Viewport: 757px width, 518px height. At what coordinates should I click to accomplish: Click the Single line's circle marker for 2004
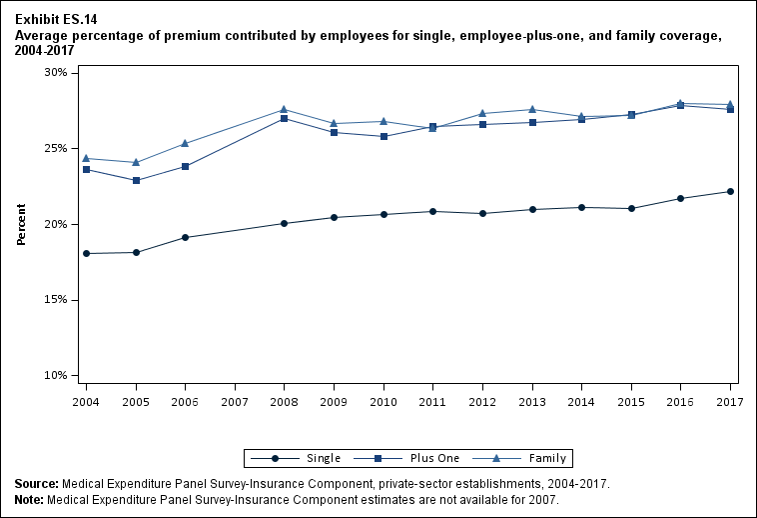coord(86,253)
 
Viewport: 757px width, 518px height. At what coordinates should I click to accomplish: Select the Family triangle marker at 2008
coord(285,109)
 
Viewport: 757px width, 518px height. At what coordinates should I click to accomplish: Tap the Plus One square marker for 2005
coord(136,180)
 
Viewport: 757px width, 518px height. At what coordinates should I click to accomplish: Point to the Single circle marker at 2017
coord(730,191)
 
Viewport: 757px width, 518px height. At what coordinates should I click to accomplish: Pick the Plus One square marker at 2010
coord(383,136)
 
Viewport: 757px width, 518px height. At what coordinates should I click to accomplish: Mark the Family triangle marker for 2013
coord(532,109)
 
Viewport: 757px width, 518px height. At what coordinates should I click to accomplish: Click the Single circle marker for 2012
coord(482,213)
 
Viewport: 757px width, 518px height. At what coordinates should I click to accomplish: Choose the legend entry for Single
coord(297,458)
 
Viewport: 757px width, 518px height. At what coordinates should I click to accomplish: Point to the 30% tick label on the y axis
coord(54,73)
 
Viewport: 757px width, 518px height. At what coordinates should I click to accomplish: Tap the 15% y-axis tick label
coord(54,300)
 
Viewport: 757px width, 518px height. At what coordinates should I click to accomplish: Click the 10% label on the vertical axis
coord(54,376)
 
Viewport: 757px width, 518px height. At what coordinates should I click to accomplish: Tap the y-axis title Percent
coord(22,225)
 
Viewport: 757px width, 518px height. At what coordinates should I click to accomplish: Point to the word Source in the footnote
coord(36,484)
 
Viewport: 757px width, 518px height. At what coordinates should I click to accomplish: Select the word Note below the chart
coord(31,499)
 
